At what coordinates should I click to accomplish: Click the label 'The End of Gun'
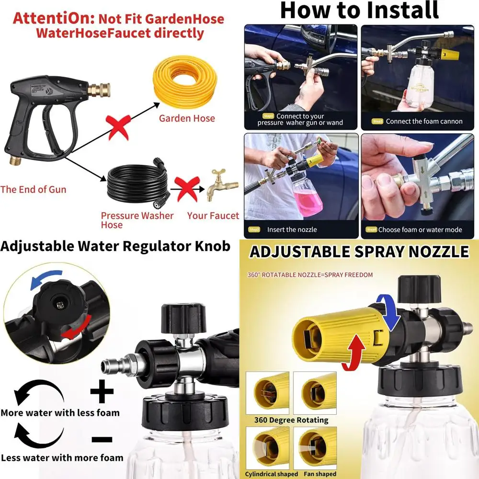33,189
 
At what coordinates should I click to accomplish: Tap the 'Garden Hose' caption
187,118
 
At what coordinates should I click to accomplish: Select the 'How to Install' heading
359,11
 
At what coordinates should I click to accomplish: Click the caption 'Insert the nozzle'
292,229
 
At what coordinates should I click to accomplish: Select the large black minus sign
102,439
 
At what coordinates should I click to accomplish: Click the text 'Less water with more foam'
62,457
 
